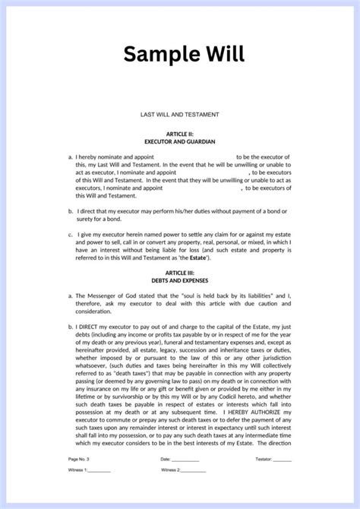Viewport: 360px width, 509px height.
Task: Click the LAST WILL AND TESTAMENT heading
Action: [x=180, y=114]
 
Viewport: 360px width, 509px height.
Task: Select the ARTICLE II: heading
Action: [x=180, y=133]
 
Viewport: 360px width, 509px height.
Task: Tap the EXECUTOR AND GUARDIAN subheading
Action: [x=180, y=141]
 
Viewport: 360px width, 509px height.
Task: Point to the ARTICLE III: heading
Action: [x=180, y=271]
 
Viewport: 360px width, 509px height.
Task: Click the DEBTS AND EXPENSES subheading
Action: [x=180, y=280]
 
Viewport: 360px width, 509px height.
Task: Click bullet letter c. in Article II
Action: [x=70, y=236]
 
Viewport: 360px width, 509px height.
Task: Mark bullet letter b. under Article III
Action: [x=70, y=323]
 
